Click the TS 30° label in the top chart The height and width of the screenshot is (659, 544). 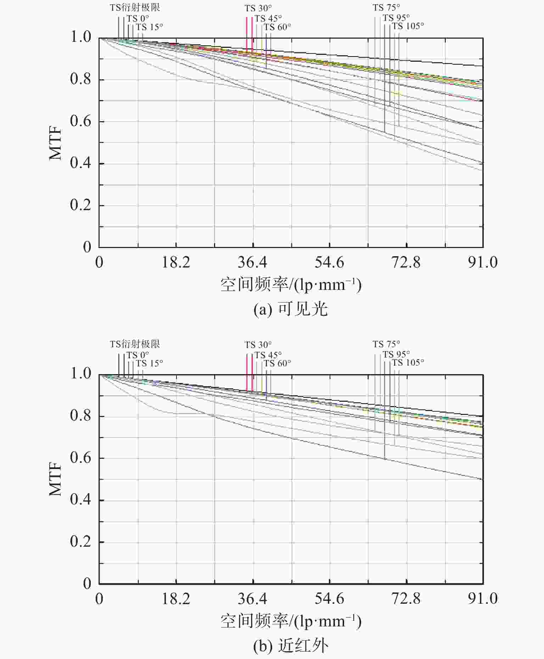(x=258, y=8)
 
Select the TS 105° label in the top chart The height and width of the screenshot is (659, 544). (x=408, y=26)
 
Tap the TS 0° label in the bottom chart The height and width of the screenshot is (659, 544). (x=138, y=355)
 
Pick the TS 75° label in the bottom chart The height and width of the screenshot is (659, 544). (x=386, y=344)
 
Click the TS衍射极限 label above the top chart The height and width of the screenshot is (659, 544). (x=135, y=7)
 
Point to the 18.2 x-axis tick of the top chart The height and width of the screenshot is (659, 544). (x=176, y=263)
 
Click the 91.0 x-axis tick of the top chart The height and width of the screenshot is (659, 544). (x=482, y=263)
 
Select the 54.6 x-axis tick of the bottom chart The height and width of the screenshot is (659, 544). (x=329, y=599)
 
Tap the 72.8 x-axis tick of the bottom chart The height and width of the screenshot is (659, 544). (x=406, y=599)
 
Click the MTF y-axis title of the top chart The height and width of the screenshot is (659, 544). (x=56, y=143)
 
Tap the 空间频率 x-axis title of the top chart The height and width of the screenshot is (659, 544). (x=291, y=285)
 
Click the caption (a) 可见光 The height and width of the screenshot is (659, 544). (x=291, y=309)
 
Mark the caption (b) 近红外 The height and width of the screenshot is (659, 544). (x=291, y=646)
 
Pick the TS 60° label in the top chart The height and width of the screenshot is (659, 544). (x=277, y=27)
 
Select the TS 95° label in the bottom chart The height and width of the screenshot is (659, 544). (x=396, y=354)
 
